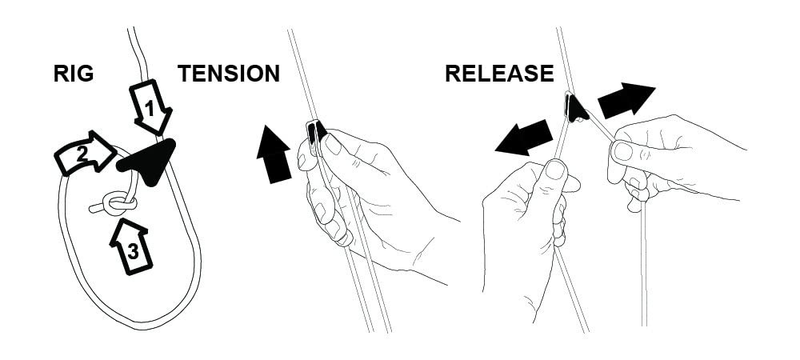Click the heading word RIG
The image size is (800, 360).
pos(74,74)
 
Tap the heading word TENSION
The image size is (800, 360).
pos(229,74)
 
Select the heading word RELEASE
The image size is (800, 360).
pos(499,74)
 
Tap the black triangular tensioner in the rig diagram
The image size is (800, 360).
pos(149,161)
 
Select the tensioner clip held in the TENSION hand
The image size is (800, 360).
pos(316,134)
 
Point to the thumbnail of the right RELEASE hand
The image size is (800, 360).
pos(623,151)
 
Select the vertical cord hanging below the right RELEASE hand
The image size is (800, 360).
pos(644,264)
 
